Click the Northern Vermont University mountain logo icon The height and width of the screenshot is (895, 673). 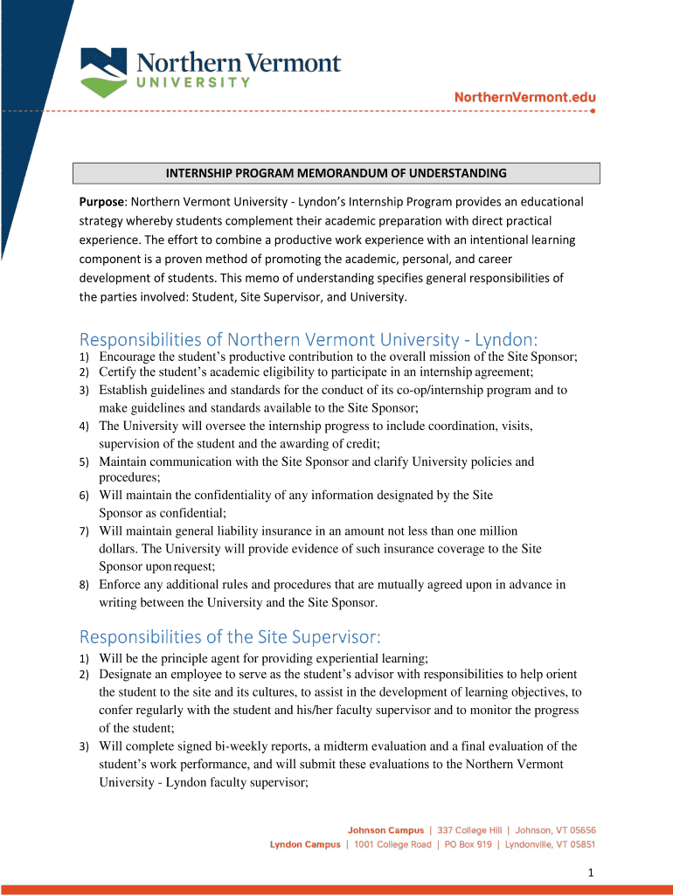click(x=104, y=72)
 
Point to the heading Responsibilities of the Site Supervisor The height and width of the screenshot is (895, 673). click(x=230, y=636)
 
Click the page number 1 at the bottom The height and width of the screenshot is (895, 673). click(x=592, y=872)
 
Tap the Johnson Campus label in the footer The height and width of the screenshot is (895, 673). click(x=385, y=830)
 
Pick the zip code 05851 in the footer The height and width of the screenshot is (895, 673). click(x=579, y=845)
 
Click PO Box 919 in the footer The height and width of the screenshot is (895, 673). click(x=469, y=845)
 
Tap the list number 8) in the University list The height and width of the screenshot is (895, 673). click(x=85, y=585)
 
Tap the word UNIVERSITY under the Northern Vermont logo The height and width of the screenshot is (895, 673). click(x=192, y=82)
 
